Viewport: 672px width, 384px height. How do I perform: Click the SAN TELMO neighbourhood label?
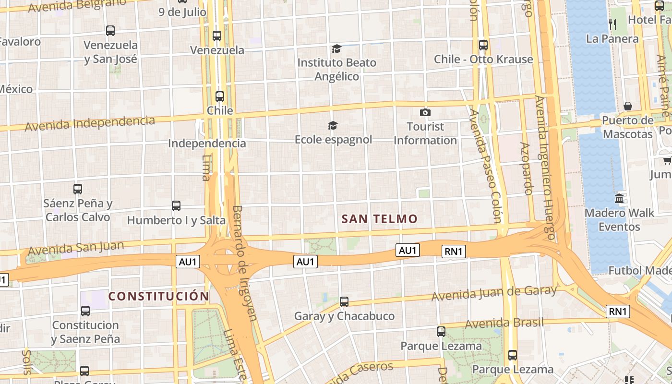click(379, 219)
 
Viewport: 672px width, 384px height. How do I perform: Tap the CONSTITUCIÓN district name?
click(159, 296)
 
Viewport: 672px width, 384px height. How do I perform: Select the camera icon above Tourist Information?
click(425, 113)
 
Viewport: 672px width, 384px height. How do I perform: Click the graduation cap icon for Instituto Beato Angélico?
click(336, 48)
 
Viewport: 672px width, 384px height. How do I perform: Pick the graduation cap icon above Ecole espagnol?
click(333, 125)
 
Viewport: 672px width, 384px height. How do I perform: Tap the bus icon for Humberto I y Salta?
click(176, 206)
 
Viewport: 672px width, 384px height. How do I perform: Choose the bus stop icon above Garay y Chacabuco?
click(344, 302)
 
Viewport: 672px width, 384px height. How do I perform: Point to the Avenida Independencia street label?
click(90, 123)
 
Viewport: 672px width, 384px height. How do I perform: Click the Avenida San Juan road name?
click(76, 248)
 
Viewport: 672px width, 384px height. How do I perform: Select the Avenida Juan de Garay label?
click(494, 292)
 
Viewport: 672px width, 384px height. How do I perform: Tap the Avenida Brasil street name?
click(504, 323)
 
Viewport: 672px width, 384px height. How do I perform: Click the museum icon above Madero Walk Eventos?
click(619, 198)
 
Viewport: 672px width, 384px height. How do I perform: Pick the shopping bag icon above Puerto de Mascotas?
click(628, 106)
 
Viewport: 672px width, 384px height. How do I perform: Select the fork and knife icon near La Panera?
click(612, 24)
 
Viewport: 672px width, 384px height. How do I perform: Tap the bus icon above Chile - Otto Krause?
click(483, 45)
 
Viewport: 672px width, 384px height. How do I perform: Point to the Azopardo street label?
click(526, 168)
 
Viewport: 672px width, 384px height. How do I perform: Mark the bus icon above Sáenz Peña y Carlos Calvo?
click(78, 189)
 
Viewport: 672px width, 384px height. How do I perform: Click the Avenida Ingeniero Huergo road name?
click(545, 168)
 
